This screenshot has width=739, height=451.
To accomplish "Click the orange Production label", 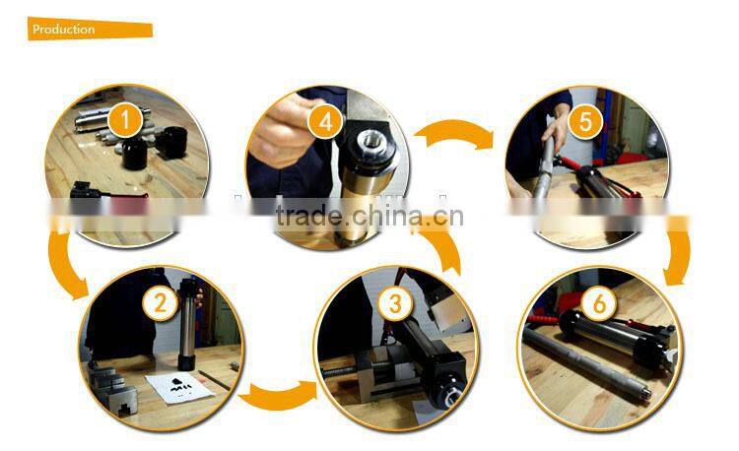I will pyautogui.click(x=90, y=30).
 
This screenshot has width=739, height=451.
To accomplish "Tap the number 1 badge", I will pyautogui.click(x=123, y=121).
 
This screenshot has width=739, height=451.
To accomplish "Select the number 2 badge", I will pyautogui.click(x=159, y=303).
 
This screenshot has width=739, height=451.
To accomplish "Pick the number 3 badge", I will pyautogui.click(x=395, y=303).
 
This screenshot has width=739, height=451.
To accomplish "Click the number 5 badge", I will pyautogui.click(x=585, y=121).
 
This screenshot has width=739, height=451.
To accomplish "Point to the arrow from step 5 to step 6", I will pyautogui.click(x=681, y=252).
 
